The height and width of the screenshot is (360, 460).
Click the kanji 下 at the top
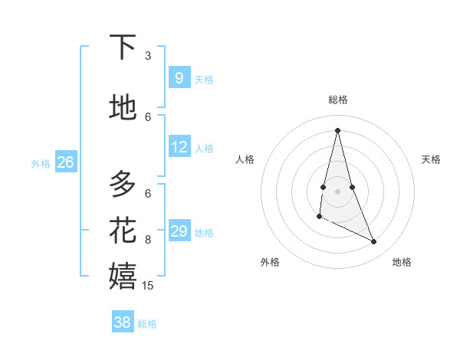pyautogui.click(x=123, y=47)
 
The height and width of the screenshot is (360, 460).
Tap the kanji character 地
pyautogui.click(x=123, y=107)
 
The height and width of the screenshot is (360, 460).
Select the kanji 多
pyautogui.click(x=123, y=184)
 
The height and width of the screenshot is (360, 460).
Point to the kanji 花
pyautogui.click(x=123, y=229)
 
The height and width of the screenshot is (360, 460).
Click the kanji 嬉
pyautogui.click(x=123, y=275)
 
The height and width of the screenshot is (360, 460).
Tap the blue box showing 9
pyautogui.click(x=179, y=78)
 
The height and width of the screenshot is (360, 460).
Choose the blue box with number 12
pyautogui.click(x=179, y=147)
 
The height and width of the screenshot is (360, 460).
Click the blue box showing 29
pyautogui.click(x=179, y=231)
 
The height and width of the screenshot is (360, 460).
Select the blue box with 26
pyautogui.click(x=66, y=162)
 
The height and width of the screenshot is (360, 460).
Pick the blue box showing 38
pyautogui.click(x=123, y=322)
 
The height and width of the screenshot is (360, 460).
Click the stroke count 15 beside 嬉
pyautogui.click(x=148, y=285)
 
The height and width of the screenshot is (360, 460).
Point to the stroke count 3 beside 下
pyautogui.click(x=148, y=56)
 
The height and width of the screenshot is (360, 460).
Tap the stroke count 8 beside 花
pyautogui.click(x=148, y=240)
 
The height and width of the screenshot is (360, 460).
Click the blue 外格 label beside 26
pyautogui.click(x=41, y=163)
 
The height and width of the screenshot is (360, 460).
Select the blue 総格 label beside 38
pyautogui.click(x=147, y=324)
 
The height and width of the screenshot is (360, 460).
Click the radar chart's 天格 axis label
pyautogui.click(x=432, y=159)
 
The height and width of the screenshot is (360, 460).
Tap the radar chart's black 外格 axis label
pyautogui.click(x=270, y=262)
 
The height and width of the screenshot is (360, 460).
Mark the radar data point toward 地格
pyautogui.click(x=374, y=242)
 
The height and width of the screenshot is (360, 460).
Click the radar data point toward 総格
pyautogui.click(x=337, y=130)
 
